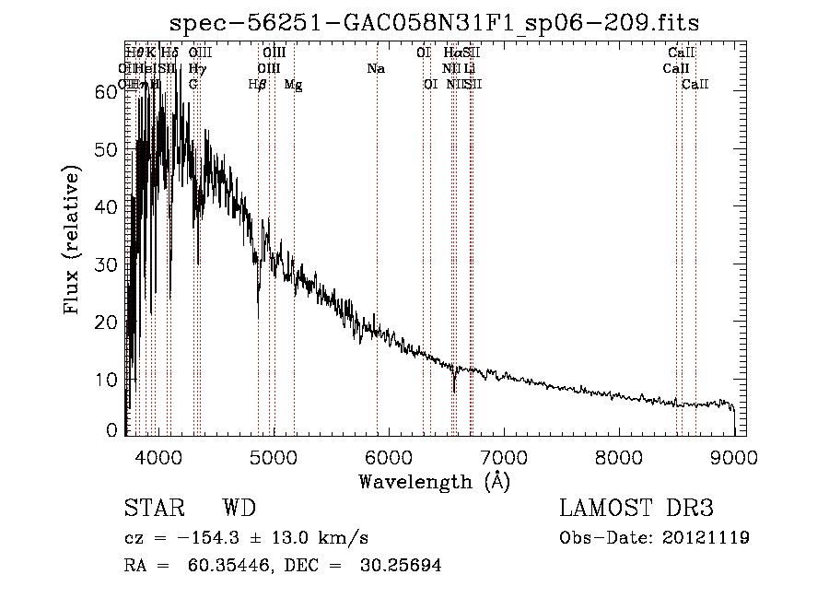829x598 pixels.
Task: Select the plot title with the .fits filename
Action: (x=441, y=22)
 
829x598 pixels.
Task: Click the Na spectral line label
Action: (x=376, y=69)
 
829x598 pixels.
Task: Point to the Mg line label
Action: (x=293, y=85)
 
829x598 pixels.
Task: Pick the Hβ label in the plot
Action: (x=258, y=85)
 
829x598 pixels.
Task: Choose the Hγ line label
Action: (x=196, y=69)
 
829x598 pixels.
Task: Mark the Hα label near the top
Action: (x=451, y=53)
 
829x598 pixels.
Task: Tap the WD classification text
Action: (x=239, y=510)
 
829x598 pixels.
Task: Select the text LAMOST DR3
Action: (x=636, y=510)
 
